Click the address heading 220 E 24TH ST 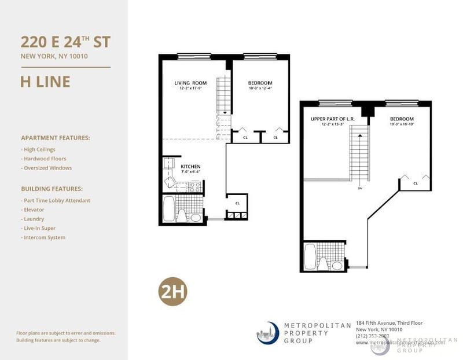tap(65, 42)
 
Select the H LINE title tap(45, 82)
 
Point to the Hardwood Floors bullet tap(43, 159)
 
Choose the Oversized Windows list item tap(46, 168)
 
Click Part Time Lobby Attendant tap(56, 200)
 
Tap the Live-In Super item tap(38, 228)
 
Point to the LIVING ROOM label tap(190, 83)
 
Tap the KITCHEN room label tap(190, 167)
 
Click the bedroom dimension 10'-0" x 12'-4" tap(259, 89)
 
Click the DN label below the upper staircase tap(359, 188)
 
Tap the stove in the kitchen tap(196, 186)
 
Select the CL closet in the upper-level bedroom tap(415, 183)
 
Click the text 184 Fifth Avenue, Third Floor tap(389, 323)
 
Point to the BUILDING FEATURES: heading tap(52, 189)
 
